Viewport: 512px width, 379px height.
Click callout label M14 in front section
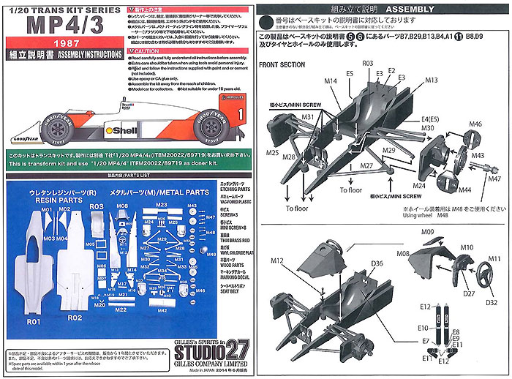pyautogui.click(x=331, y=81)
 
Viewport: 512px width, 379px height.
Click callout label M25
pyautogui.click(x=273, y=153)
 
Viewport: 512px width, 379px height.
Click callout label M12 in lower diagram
pyautogui.click(x=277, y=260)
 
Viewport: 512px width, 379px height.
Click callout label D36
pyautogui.click(x=377, y=263)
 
